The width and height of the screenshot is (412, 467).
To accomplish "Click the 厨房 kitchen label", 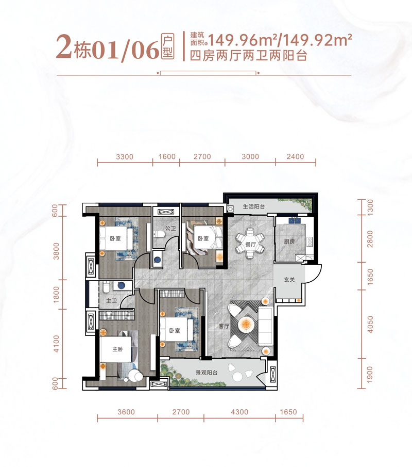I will (288, 241).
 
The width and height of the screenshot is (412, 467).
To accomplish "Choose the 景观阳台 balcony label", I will (207, 373).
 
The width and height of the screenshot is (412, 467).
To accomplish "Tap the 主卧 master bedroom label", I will (118, 349).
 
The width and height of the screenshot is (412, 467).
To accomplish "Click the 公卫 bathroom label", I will (170, 228).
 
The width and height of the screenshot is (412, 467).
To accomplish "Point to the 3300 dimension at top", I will (125, 157).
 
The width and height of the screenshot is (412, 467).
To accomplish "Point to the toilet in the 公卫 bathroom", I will (160, 236).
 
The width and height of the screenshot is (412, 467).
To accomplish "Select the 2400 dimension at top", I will (295, 157).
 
